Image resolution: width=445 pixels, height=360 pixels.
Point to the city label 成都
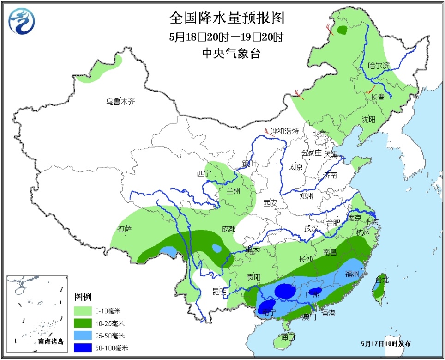(228, 229)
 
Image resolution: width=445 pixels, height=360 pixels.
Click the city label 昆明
(219, 291)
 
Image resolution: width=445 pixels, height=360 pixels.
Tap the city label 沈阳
(369, 119)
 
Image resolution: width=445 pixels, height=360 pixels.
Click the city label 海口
(288, 336)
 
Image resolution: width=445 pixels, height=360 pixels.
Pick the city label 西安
(270, 202)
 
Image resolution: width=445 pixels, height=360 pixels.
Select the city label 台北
(382, 279)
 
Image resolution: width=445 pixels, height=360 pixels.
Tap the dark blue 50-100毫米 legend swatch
(85, 348)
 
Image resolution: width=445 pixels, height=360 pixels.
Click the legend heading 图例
(84, 296)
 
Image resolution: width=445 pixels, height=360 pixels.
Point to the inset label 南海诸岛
(50, 342)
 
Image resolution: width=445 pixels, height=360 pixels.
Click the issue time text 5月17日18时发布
(386, 343)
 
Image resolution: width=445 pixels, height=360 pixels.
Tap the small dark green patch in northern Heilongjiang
(342, 31)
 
